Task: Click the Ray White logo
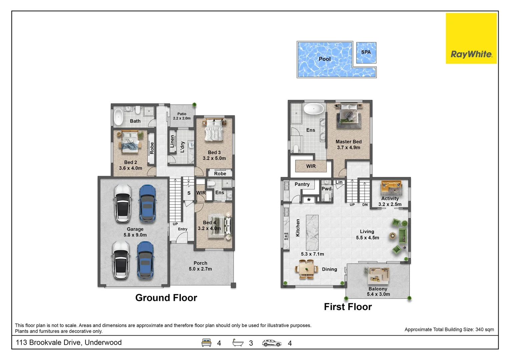[x=471, y=38]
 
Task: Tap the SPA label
[x=366, y=52]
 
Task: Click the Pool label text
[x=325, y=59]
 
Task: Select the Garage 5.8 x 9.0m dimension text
[x=135, y=235]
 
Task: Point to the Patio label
[x=182, y=114]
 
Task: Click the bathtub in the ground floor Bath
[x=118, y=117]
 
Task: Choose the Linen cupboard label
[x=172, y=141]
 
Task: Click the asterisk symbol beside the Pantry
[x=309, y=200]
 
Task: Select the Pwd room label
[x=326, y=189]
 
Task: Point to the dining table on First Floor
[x=307, y=269]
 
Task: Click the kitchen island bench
[x=312, y=232]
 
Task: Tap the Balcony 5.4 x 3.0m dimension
[x=378, y=294]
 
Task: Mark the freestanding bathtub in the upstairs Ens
[x=314, y=109]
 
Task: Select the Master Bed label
[x=349, y=142]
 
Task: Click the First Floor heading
[x=348, y=307]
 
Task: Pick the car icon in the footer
[x=272, y=343]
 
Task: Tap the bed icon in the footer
[x=206, y=343]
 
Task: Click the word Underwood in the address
[x=103, y=342]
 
